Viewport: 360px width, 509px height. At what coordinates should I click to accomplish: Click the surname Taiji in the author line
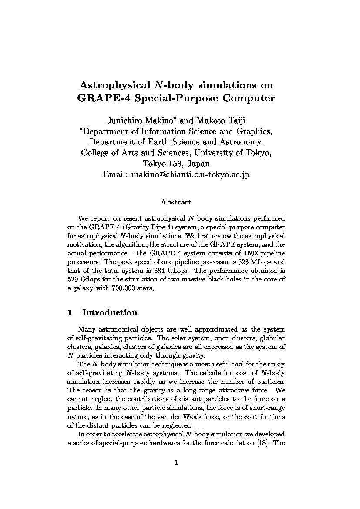coord(235,120)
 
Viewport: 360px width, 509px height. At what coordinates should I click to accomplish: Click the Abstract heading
coord(176,202)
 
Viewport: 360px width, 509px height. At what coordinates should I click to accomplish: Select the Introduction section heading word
coord(110,313)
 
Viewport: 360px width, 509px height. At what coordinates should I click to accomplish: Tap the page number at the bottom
coord(176,462)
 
